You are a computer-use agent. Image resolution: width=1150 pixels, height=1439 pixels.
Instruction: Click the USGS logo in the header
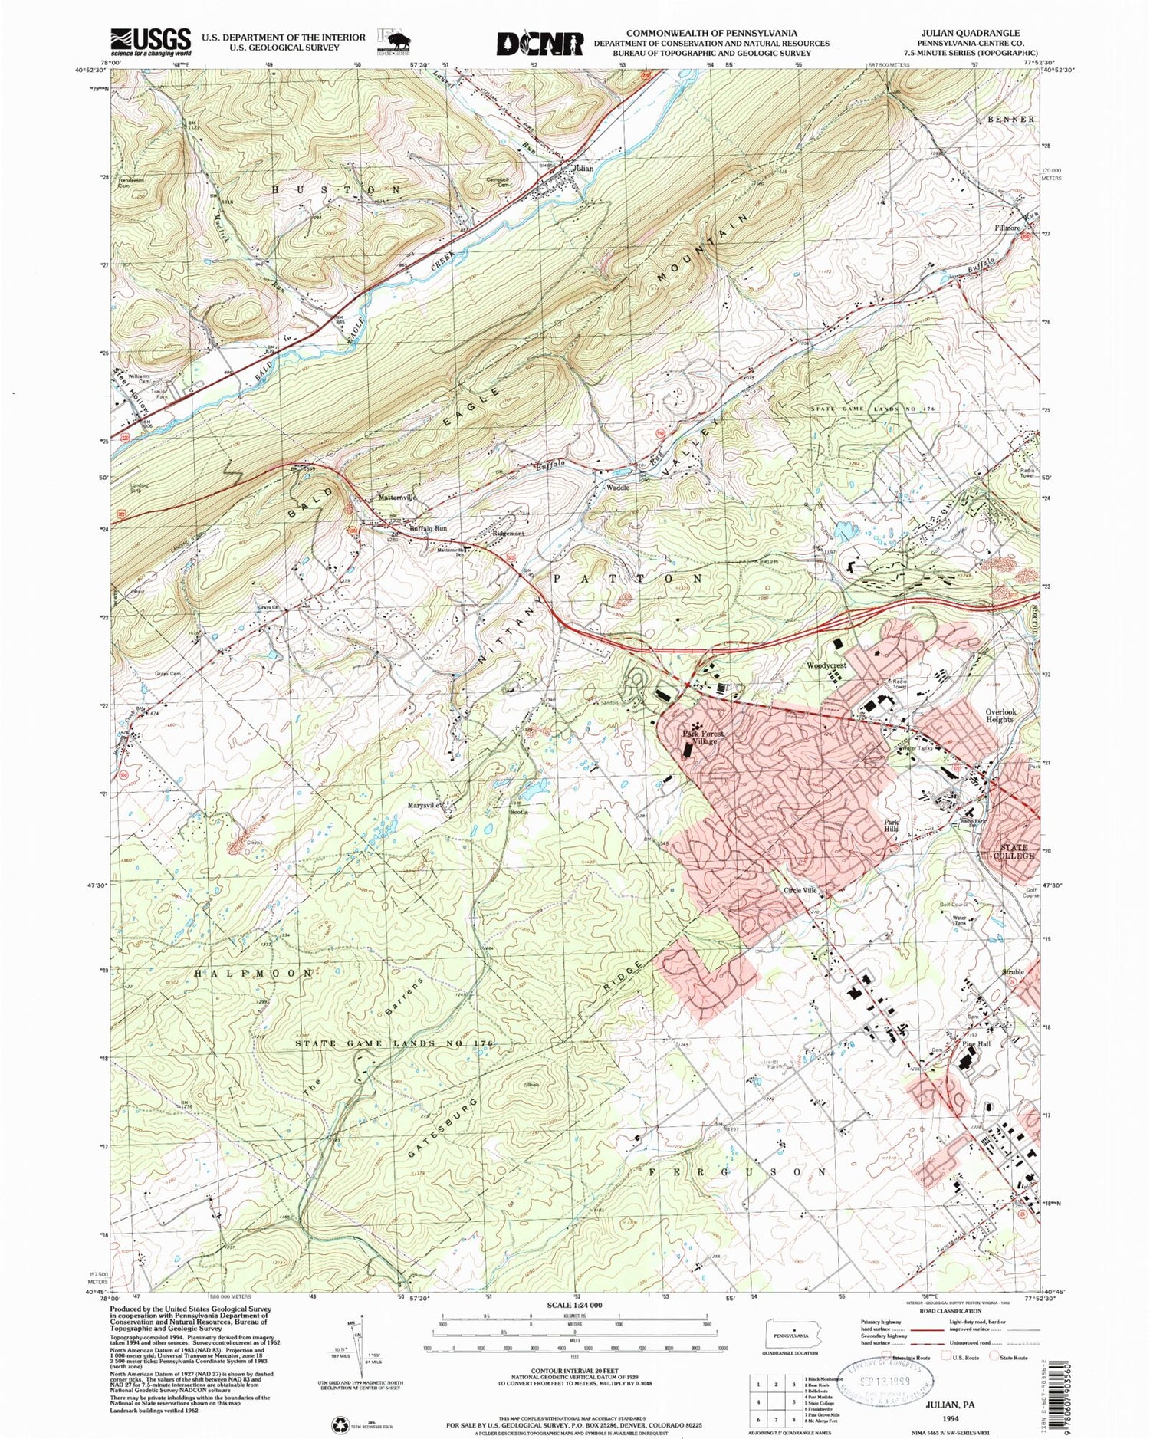(150, 42)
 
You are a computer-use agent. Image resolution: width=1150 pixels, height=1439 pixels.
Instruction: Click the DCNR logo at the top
(540, 43)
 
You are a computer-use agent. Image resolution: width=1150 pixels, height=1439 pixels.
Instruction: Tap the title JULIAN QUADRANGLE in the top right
(970, 34)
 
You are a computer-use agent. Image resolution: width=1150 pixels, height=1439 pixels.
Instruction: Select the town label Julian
(583, 168)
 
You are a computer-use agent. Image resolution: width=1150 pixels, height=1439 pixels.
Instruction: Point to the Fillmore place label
(1007, 228)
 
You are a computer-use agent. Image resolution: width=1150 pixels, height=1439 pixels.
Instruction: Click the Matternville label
(398, 498)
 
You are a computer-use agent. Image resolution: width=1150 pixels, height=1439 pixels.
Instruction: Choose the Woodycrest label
(826, 665)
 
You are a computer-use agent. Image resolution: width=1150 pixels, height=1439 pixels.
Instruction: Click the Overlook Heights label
(1001, 715)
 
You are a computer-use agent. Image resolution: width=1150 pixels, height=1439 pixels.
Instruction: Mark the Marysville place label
(424, 805)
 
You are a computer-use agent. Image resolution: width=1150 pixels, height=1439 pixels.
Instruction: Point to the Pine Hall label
(977, 1044)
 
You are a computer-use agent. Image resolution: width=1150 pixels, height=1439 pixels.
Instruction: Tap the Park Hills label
(890, 824)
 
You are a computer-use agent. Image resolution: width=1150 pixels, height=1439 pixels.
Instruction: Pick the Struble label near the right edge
(1013, 971)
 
